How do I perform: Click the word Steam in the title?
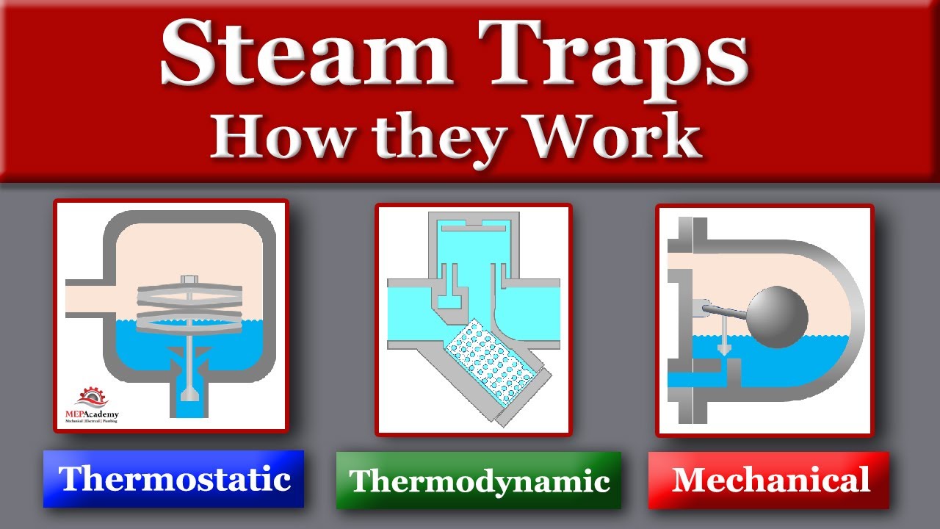click(301, 55)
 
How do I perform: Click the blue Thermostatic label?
click(174, 479)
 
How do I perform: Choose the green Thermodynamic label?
click(479, 481)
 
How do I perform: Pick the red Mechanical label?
click(769, 481)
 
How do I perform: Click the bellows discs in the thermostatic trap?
click(189, 308)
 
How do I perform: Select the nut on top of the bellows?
click(189, 279)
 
